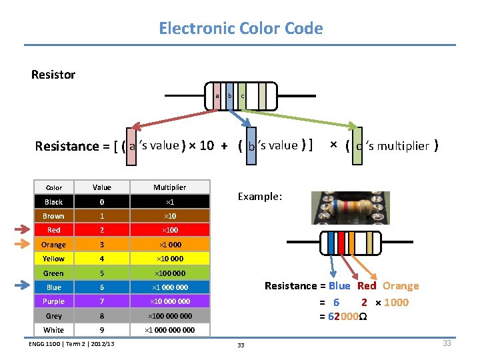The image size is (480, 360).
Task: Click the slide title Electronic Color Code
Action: click(x=240, y=29)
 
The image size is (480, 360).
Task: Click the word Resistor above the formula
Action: click(x=53, y=75)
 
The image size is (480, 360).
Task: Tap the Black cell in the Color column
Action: click(x=53, y=202)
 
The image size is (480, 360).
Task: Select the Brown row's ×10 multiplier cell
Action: click(x=169, y=216)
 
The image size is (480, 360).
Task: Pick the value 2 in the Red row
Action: click(x=102, y=230)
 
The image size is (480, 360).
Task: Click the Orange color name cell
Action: click(x=53, y=245)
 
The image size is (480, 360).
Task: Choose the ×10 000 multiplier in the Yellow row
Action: click(x=169, y=259)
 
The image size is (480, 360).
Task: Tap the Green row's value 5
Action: click(x=102, y=273)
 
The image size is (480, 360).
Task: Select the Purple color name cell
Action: click(x=53, y=301)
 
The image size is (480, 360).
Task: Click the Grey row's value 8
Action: click(x=102, y=316)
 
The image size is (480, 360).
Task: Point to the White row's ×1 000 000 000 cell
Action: click(x=169, y=330)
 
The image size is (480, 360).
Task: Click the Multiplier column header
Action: click(x=169, y=187)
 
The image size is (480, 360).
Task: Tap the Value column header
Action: click(x=102, y=187)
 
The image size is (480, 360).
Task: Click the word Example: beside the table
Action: click(x=260, y=197)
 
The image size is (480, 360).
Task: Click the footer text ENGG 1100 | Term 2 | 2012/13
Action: click(x=71, y=344)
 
